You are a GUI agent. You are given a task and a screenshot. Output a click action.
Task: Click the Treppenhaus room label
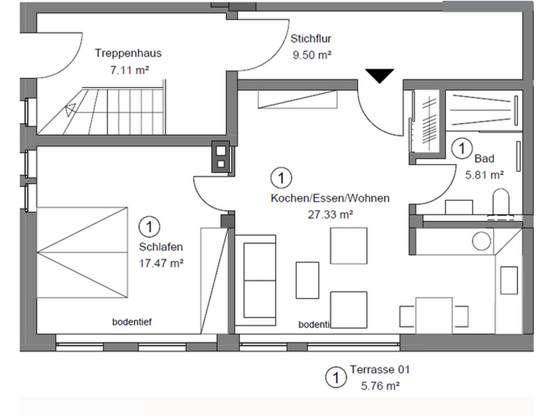click(x=128, y=53)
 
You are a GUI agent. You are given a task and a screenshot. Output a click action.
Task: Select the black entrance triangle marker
click(x=380, y=76)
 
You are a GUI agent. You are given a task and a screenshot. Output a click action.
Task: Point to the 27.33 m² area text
click(x=330, y=214)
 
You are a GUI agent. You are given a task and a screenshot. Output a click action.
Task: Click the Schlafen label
click(x=161, y=247)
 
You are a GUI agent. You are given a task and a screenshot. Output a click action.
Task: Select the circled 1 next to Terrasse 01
click(x=335, y=378)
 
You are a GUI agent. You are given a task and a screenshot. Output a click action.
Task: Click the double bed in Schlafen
click(x=83, y=252)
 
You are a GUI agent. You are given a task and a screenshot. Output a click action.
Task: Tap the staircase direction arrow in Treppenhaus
click(x=71, y=111)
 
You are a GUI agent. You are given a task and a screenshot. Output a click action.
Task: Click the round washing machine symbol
click(x=482, y=240)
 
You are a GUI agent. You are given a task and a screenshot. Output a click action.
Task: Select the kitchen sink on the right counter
click(x=510, y=279)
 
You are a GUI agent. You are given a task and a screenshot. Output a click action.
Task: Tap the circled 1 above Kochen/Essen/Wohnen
click(x=282, y=178)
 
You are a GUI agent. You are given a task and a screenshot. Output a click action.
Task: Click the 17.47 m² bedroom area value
click(x=161, y=262)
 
